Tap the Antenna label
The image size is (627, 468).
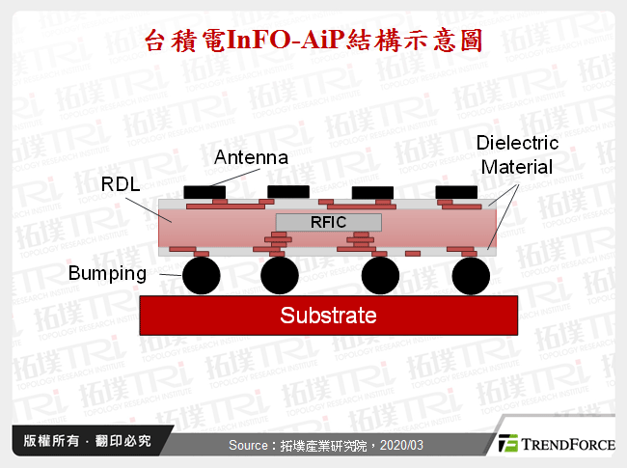point(251,157)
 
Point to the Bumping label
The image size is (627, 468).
point(107,274)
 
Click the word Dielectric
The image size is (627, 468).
point(517,144)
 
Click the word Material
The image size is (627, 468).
point(517,167)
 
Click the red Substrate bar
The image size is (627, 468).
point(328,315)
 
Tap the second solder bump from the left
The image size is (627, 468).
point(280,276)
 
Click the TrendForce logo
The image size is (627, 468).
point(555,444)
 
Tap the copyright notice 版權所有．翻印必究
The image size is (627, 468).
point(88,441)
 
